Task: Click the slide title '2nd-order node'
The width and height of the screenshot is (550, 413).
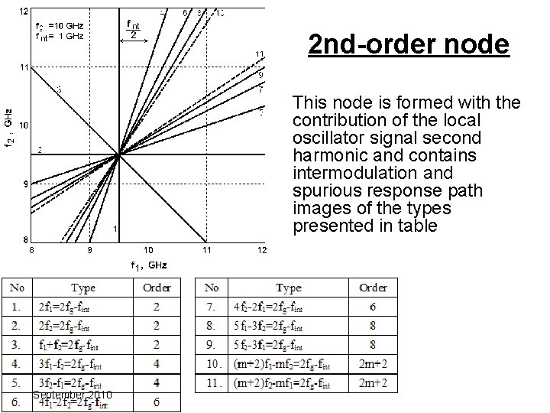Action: [408, 44]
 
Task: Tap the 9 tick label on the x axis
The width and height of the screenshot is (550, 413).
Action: [89, 250]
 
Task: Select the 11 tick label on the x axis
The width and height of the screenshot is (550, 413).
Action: [207, 250]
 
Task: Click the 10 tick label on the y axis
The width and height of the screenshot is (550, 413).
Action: [24, 125]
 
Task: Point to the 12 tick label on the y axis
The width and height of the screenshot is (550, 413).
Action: [24, 11]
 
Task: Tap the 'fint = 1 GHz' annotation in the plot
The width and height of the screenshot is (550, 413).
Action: [60, 36]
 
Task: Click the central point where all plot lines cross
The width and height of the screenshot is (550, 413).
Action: [118, 154]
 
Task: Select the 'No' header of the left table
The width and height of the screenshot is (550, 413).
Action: [17, 288]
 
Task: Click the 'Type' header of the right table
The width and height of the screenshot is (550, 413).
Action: [288, 288]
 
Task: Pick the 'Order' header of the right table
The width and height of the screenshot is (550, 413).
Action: [373, 288]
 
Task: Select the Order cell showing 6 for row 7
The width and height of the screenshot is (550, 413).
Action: [373, 307]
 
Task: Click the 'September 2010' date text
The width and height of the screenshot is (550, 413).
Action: [73, 394]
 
